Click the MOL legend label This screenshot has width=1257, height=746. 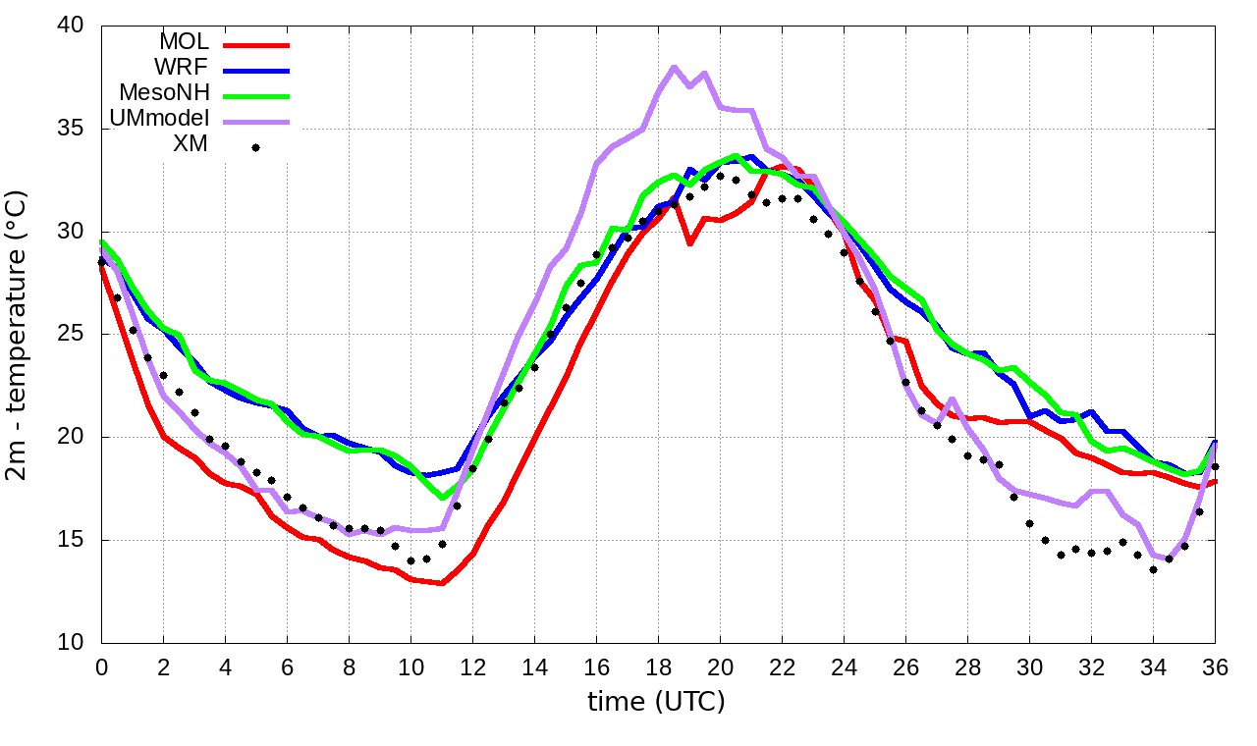[184, 42]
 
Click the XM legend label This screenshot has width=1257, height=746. [191, 146]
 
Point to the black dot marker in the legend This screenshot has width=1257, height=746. [255, 147]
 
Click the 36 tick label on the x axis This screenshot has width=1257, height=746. [1215, 666]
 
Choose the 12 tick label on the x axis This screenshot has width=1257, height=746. [472, 666]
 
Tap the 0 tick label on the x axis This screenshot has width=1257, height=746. [101, 666]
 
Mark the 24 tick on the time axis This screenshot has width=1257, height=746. [844, 666]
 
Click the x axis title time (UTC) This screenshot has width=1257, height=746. [656, 701]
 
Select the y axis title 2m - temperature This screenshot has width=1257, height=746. [19, 336]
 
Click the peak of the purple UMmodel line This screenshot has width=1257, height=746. [674, 68]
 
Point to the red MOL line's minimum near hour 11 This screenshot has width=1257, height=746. [442, 583]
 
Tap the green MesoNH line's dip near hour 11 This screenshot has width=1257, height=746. [442, 498]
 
